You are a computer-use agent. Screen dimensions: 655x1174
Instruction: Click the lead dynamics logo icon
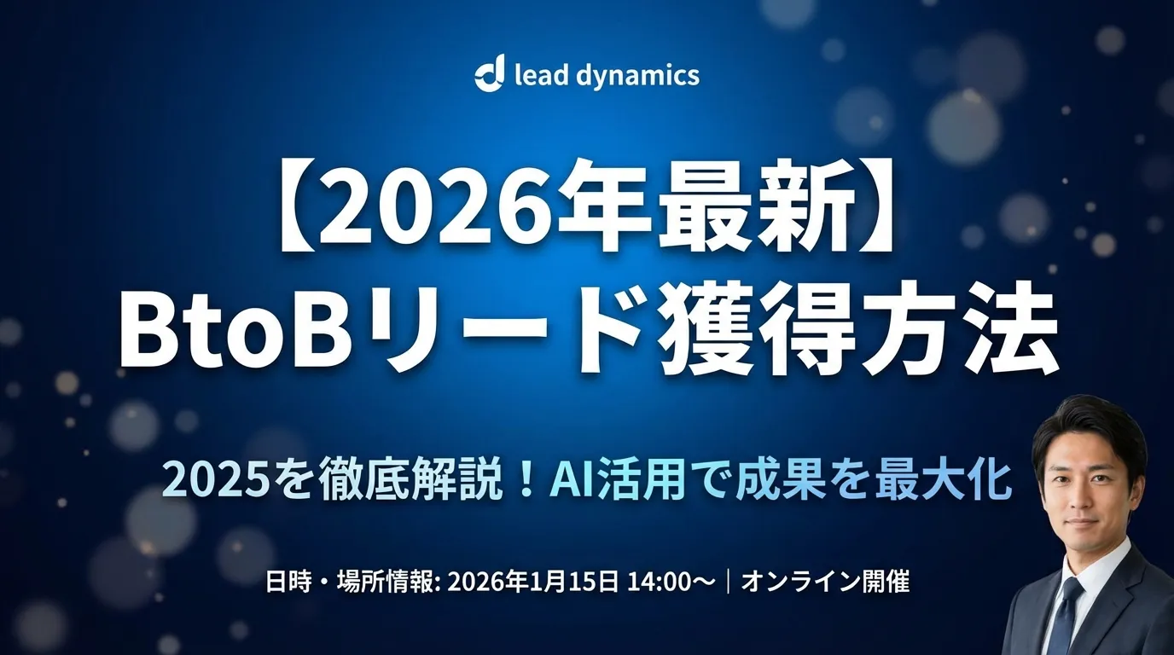click(491, 74)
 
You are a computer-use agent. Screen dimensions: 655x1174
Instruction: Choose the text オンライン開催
click(825, 583)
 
